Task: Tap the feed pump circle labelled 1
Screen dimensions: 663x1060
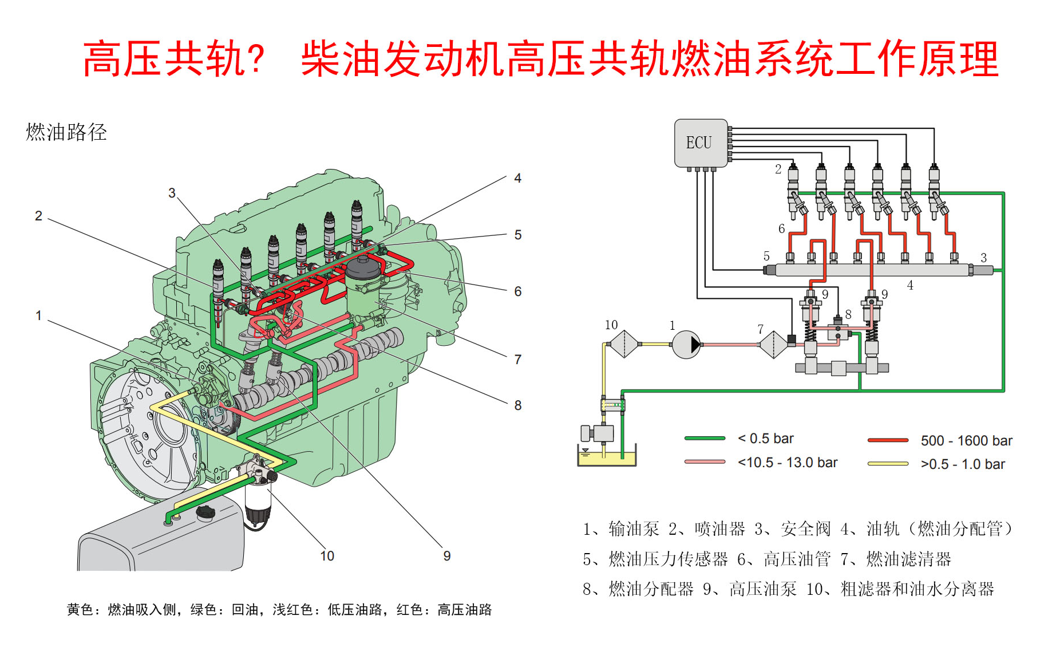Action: [686, 345]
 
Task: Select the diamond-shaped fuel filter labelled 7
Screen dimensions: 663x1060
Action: [773, 345]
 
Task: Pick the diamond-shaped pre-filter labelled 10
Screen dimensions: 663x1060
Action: [623, 344]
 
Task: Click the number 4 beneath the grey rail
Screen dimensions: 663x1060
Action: [910, 285]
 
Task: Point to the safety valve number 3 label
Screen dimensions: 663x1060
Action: [983, 258]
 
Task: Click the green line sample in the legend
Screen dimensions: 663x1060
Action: [705, 439]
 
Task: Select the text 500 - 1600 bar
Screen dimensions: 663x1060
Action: [966, 441]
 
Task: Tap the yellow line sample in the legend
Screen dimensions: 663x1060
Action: [888, 464]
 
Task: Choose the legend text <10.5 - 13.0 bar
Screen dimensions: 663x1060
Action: [788, 463]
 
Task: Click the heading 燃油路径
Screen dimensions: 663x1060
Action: [66, 132]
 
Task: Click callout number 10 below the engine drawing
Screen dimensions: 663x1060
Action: [327, 556]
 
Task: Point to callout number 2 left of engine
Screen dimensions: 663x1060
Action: [38, 216]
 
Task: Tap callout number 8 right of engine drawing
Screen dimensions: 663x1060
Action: [517, 405]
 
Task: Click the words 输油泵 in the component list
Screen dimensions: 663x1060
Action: [634, 528]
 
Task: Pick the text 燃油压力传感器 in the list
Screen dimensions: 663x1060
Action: [668, 559]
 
